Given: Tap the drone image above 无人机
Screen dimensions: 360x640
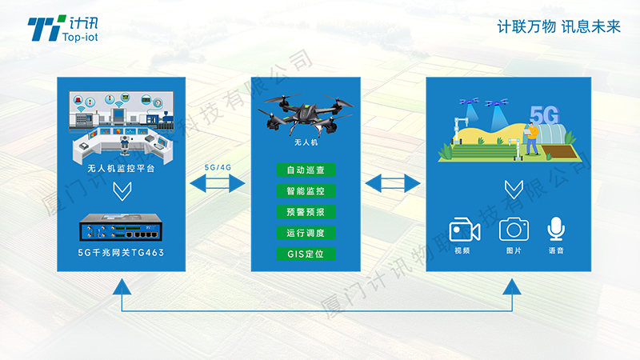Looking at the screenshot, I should pyautogui.click(x=304, y=117).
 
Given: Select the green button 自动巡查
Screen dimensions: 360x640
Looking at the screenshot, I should pyautogui.click(x=305, y=170).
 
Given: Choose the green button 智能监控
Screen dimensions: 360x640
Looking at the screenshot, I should pyautogui.click(x=305, y=191).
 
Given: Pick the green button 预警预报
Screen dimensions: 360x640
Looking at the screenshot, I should pyautogui.click(x=305, y=212).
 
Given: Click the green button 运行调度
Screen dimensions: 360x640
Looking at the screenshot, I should pyautogui.click(x=305, y=233).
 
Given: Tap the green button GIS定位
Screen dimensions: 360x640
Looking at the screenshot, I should pyautogui.click(x=305, y=254).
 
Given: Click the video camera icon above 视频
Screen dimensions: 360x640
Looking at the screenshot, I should pyautogui.click(x=463, y=230).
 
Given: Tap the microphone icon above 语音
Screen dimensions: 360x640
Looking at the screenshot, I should pyautogui.click(x=556, y=230).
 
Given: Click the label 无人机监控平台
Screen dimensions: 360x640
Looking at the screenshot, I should pyautogui.click(x=122, y=170).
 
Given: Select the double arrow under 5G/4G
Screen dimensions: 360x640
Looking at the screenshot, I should pyautogui.click(x=216, y=185).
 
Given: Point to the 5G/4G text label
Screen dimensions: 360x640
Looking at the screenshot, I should pyautogui.click(x=217, y=167).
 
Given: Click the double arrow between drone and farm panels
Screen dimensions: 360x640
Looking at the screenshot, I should pyautogui.click(x=393, y=185).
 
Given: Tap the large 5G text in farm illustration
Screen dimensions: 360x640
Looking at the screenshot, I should pyautogui.click(x=544, y=117).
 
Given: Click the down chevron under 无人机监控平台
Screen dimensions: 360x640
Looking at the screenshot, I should pyautogui.click(x=122, y=191).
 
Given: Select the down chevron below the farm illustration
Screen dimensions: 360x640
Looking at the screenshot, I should pyautogui.click(x=514, y=190).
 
